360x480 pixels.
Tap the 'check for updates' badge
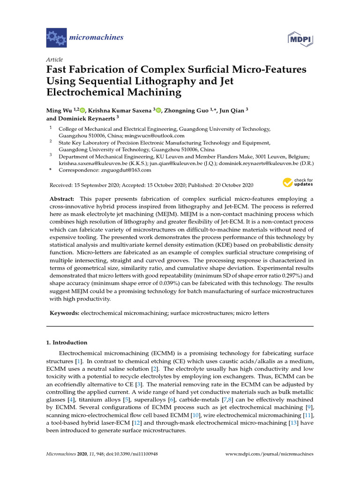298,182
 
